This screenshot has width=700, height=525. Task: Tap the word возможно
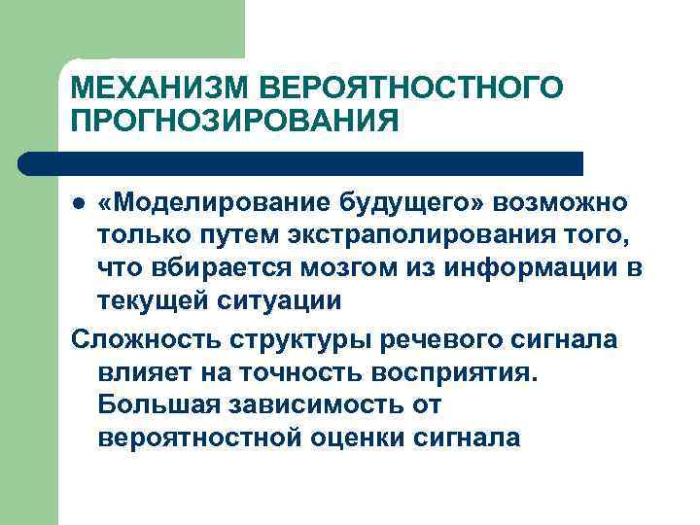click(561, 204)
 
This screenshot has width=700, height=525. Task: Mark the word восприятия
click(450, 371)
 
